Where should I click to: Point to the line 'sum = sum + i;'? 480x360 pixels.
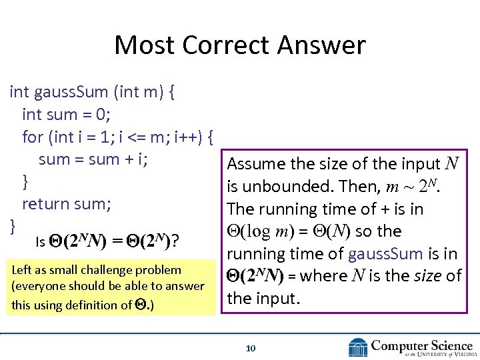point(93,159)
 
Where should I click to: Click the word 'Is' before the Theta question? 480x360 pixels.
point(40,243)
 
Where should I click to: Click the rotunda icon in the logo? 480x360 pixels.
point(358,347)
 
